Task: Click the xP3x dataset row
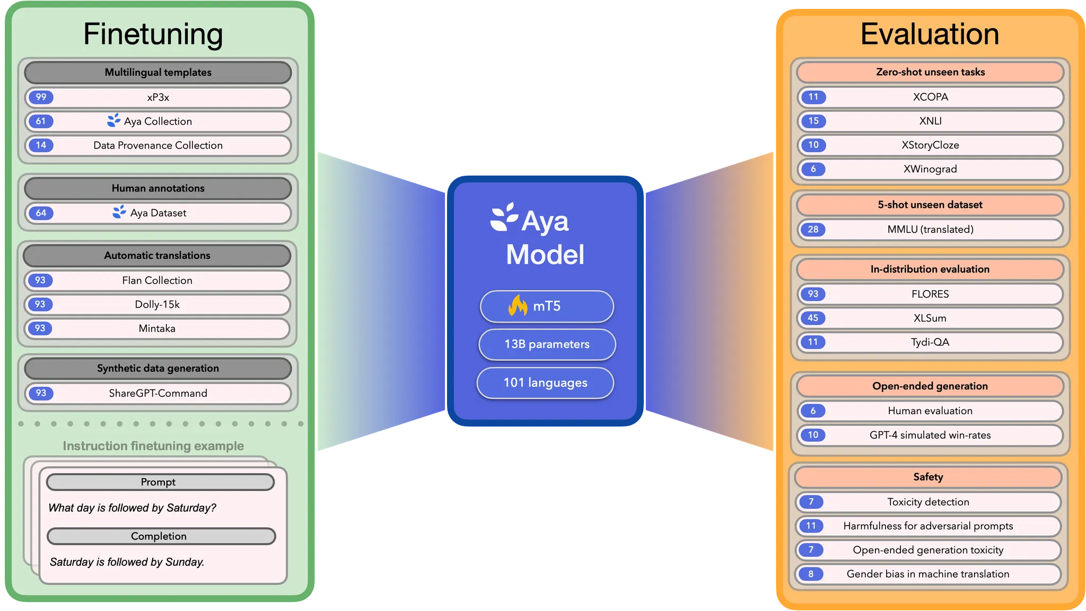158,98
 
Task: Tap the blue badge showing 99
41,97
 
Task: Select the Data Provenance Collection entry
158,145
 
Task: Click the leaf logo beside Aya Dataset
119,212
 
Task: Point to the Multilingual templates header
158,73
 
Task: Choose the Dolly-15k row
157,304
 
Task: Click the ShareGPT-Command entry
158,393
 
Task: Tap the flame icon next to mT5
518,305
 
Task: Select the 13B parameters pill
547,344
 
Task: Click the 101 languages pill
545,382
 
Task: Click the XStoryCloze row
930,145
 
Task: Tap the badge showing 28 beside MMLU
813,229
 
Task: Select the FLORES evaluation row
930,294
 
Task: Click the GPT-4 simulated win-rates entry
930,435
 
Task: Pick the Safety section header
928,477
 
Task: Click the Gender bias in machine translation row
928,574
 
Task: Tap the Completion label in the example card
159,536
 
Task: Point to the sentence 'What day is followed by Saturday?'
132,508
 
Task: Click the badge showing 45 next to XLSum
813,318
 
